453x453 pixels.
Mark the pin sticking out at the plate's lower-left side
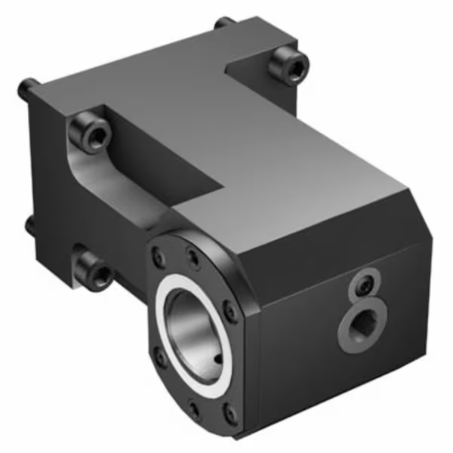(29, 225)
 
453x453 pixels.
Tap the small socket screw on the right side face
(365, 285)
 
